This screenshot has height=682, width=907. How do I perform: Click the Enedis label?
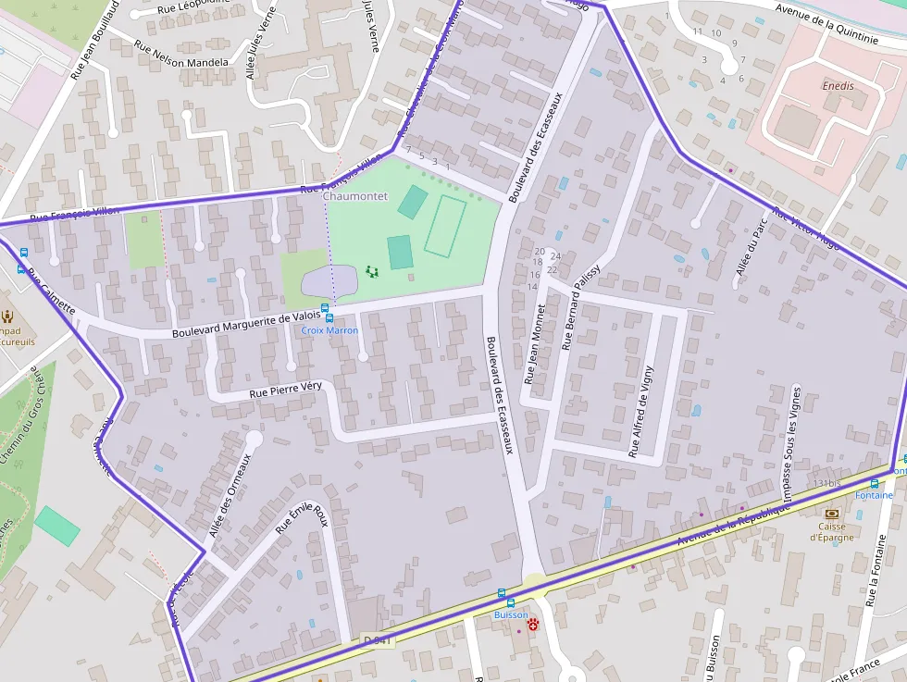(x=838, y=86)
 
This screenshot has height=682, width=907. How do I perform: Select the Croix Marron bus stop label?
(x=329, y=330)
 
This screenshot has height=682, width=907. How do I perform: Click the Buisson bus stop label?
(x=510, y=614)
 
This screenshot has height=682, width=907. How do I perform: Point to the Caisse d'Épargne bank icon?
(x=831, y=514)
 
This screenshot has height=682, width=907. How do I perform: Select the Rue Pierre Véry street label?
(x=285, y=391)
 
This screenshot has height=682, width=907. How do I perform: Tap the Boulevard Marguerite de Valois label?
(x=246, y=325)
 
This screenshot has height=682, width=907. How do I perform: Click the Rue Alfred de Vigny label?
(x=640, y=413)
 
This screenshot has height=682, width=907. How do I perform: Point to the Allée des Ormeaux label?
(x=230, y=495)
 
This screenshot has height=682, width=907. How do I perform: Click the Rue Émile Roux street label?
(x=303, y=518)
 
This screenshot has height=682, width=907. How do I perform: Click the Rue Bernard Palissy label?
(x=580, y=307)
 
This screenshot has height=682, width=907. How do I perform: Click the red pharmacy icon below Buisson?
(x=533, y=626)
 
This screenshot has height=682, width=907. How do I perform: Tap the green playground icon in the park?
(x=372, y=271)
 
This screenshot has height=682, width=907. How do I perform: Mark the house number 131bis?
(x=826, y=484)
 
